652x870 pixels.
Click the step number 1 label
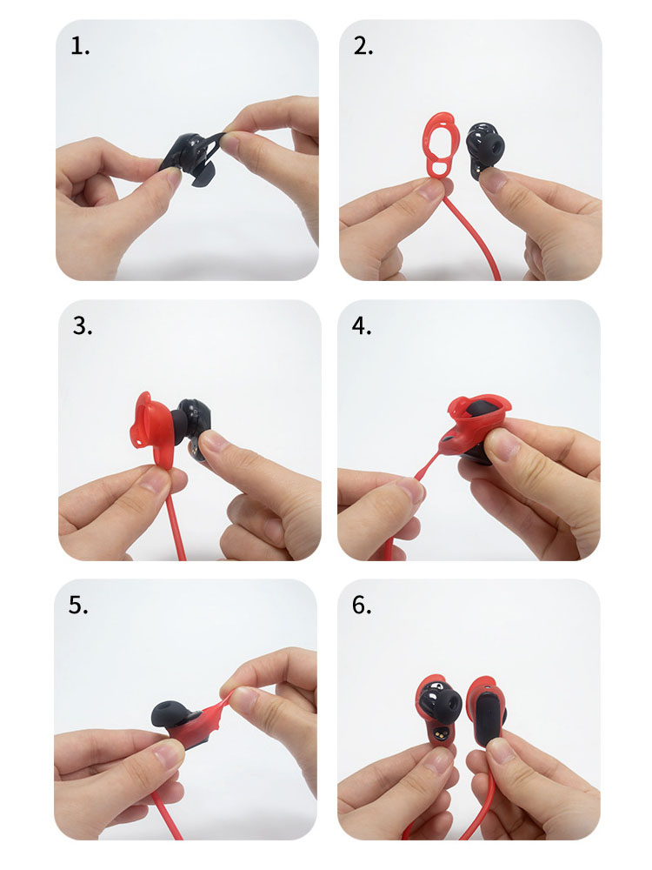[80, 47]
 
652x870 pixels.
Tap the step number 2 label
[363, 47]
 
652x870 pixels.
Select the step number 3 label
[83, 326]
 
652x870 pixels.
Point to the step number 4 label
[362, 326]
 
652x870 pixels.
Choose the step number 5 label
[78, 606]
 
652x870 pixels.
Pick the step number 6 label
[362, 606]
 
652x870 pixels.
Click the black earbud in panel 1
[190, 157]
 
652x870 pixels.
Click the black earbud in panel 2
[484, 149]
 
